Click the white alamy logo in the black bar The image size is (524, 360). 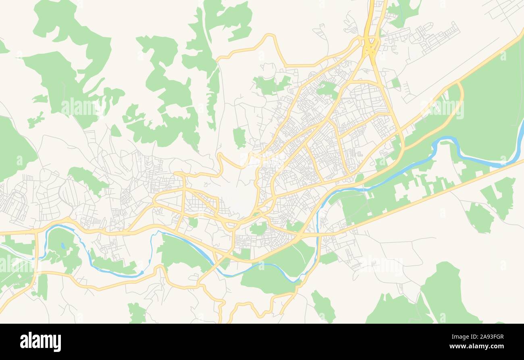pyautogui.click(x=40, y=341)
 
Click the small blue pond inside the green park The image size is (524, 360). pyautogui.click(x=62, y=245)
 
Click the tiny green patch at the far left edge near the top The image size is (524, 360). pyautogui.click(x=3, y=47)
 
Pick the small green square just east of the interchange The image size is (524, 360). pyautogui.click(x=395, y=83)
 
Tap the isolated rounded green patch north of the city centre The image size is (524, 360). pyautogui.click(x=239, y=137)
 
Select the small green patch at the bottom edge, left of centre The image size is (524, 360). pyautogui.click(x=137, y=313)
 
